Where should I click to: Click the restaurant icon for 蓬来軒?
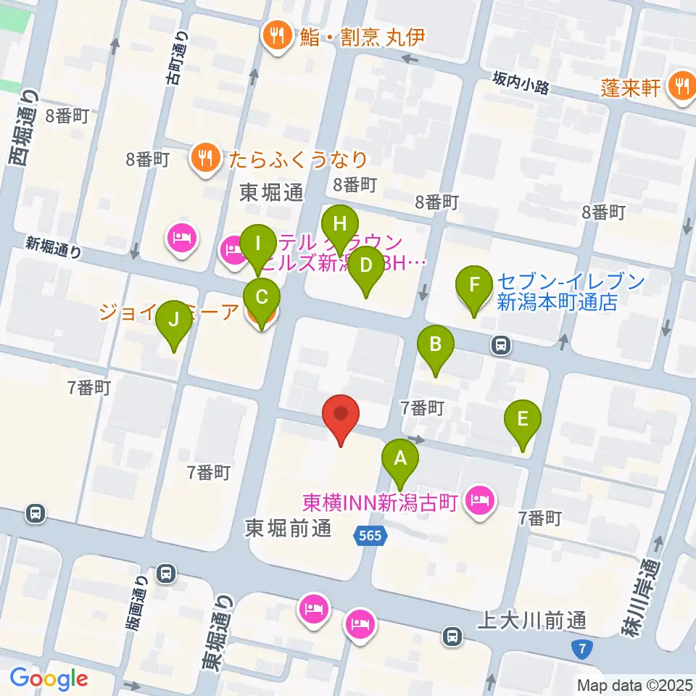click(681, 86)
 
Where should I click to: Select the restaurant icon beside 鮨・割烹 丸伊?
click(277, 34)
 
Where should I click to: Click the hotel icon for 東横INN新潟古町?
click(479, 500)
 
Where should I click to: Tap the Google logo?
click(49, 679)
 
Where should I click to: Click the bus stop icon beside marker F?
click(500, 344)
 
